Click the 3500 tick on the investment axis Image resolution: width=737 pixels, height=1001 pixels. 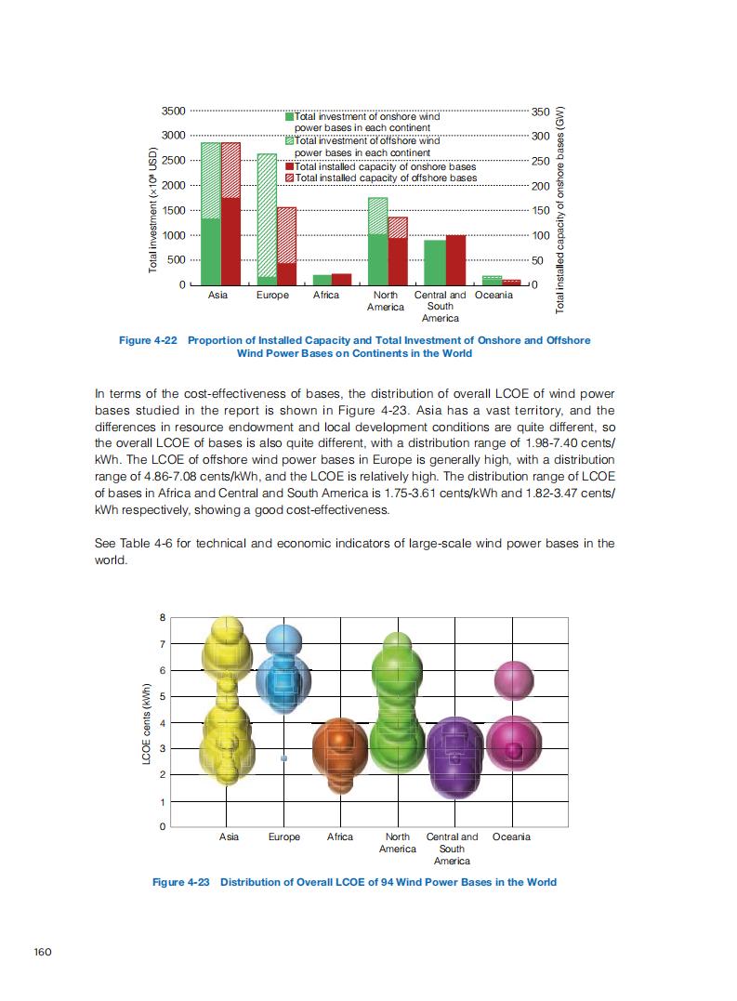(x=174, y=112)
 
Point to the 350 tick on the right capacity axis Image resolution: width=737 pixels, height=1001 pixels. (x=539, y=112)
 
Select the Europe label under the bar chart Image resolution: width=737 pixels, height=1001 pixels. (x=272, y=296)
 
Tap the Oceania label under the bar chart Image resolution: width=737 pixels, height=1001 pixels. (x=494, y=296)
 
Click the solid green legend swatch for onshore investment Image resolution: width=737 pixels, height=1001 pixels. (x=289, y=117)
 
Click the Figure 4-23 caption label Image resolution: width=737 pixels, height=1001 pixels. (x=182, y=882)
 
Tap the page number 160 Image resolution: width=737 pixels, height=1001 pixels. (x=44, y=951)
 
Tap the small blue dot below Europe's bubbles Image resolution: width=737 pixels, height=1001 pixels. (x=284, y=758)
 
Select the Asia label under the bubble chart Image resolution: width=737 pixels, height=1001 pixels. (x=229, y=837)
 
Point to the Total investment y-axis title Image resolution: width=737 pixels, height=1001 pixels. (x=152, y=210)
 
